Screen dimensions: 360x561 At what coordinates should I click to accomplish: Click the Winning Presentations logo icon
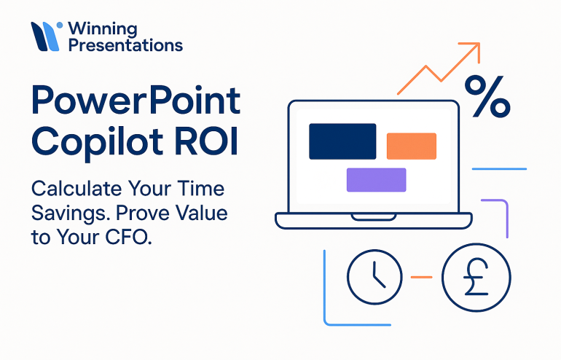click(x=45, y=36)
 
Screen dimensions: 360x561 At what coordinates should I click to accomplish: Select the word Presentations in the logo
click(x=125, y=45)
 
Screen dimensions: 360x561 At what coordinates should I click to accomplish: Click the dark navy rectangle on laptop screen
click(x=342, y=141)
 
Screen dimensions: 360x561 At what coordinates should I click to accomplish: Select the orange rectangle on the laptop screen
click(x=411, y=146)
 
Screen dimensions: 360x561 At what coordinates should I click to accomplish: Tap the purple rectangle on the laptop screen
click(x=375, y=179)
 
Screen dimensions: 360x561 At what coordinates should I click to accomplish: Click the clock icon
click(x=374, y=277)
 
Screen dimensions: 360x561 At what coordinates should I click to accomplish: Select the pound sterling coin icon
click(x=476, y=277)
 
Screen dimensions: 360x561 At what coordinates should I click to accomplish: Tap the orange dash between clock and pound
click(x=422, y=277)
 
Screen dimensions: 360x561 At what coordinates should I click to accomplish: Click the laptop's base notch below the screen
click(x=373, y=216)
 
